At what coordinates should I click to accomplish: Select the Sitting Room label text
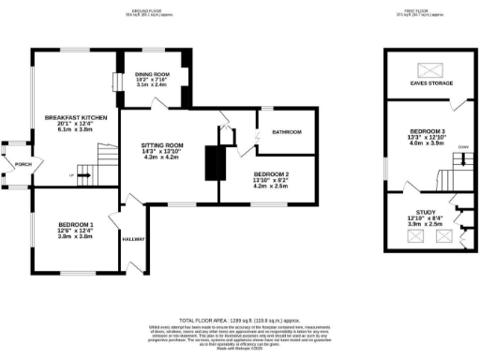(x=160, y=145)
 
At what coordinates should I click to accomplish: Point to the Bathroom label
(x=286, y=133)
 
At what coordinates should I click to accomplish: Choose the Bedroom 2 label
(x=273, y=175)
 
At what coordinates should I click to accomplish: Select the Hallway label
(x=134, y=240)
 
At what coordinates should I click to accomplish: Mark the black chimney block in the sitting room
(x=215, y=163)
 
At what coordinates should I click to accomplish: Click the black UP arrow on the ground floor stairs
(x=73, y=174)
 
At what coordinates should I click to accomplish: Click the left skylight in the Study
(x=413, y=238)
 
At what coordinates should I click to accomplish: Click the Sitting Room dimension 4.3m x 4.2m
(x=160, y=157)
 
